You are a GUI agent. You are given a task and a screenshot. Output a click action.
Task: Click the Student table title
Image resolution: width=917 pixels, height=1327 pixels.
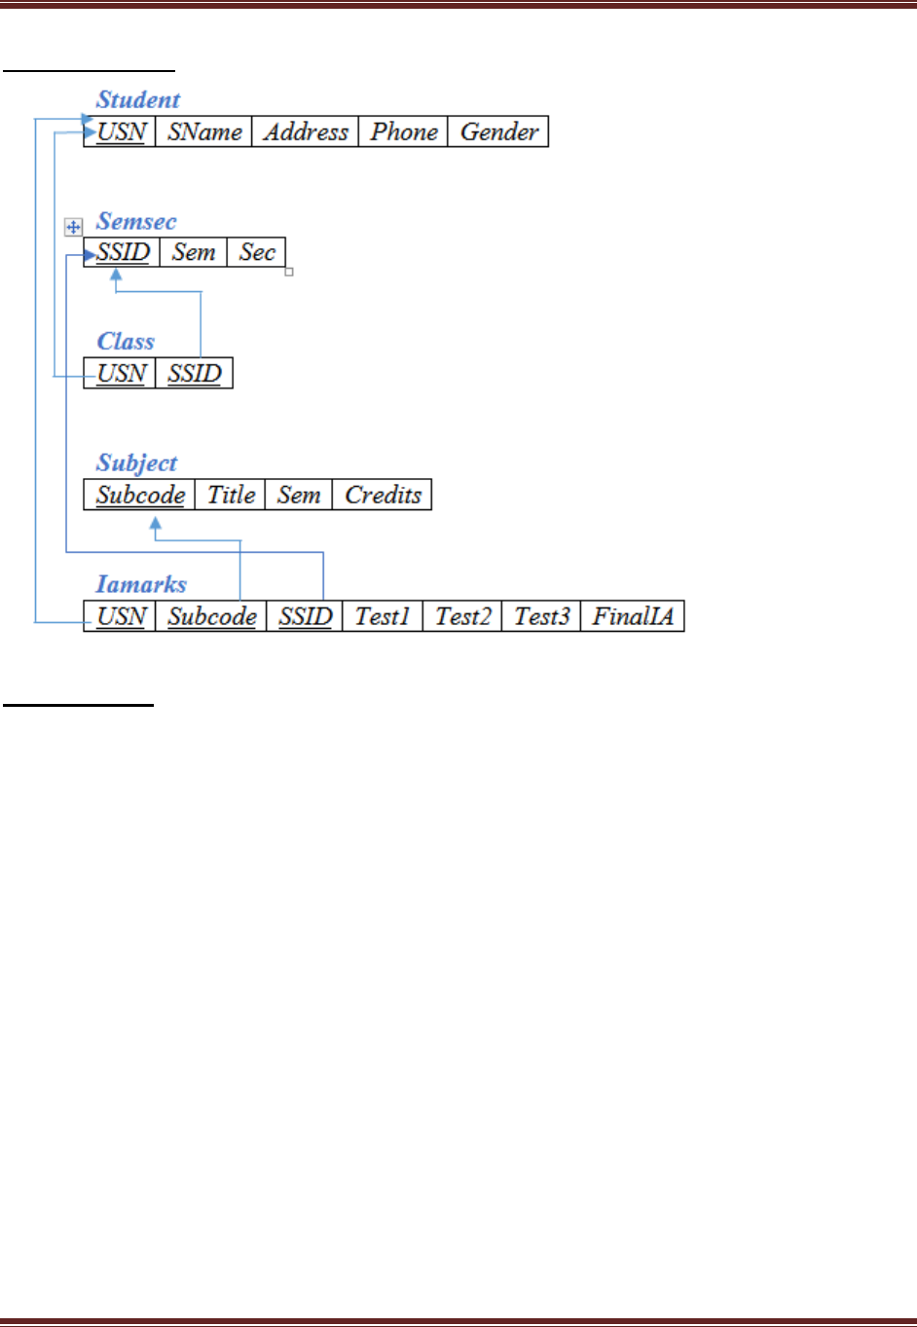(x=138, y=100)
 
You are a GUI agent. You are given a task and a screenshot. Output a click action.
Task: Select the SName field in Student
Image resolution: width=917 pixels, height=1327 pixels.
(x=204, y=131)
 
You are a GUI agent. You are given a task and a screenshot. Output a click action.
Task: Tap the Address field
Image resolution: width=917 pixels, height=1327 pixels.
(x=306, y=131)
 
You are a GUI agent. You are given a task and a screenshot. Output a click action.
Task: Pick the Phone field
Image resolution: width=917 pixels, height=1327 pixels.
(x=404, y=131)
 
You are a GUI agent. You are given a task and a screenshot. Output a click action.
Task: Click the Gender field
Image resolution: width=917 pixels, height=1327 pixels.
(x=499, y=131)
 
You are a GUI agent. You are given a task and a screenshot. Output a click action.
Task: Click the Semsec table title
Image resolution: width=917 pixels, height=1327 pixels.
(x=136, y=222)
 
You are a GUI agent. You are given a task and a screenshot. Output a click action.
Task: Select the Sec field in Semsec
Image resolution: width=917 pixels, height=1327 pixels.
(x=257, y=252)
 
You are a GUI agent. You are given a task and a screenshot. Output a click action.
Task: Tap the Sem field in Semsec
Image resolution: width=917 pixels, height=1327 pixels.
(x=194, y=252)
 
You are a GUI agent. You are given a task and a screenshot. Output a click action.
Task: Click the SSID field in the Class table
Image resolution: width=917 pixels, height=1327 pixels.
(x=195, y=374)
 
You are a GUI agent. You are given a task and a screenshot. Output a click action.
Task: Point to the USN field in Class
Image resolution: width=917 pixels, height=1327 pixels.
(x=121, y=374)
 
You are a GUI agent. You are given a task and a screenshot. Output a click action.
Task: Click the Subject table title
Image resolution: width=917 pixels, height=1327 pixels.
(x=137, y=463)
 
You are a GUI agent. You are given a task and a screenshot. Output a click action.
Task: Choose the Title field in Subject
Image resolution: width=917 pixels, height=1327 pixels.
(x=231, y=495)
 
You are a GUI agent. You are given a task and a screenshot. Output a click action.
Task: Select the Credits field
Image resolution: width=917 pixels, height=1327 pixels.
(x=383, y=495)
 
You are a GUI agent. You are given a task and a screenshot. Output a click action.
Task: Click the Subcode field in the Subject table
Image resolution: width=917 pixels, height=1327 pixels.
(x=140, y=495)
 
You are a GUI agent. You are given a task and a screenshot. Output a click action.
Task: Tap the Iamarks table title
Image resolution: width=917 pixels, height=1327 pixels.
(x=141, y=584)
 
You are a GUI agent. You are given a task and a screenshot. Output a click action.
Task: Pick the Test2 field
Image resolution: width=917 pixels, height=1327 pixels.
(x=462, y=616)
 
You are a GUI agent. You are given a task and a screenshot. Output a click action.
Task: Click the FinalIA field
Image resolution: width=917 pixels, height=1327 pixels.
(x=633, y=616)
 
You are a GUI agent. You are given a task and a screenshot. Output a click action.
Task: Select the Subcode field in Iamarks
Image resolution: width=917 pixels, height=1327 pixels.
(x=211, y=616)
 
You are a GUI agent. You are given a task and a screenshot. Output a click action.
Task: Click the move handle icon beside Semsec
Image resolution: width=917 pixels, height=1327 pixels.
(x=73, y=227)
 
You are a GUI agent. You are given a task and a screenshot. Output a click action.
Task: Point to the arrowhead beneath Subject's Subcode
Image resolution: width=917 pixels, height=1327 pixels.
(x=155, y=525)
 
